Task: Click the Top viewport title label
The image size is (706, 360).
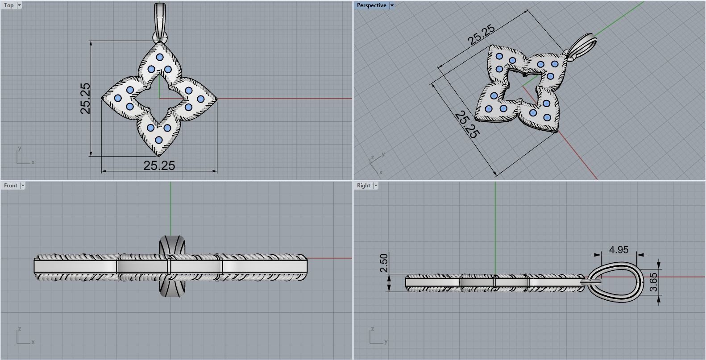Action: [x=8, y=5]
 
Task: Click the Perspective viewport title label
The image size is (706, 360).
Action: [x=371, y=5]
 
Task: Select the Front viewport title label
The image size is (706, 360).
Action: [x=10, y=186]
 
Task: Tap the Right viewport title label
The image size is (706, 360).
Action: [x=363, y=186]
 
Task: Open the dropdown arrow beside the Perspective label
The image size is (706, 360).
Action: [x=392, y=5]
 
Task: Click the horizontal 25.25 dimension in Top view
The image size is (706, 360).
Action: [x=159, y=166]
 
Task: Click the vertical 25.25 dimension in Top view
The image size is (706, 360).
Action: [x=85, y=98]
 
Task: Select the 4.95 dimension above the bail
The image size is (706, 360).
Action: [x=619, y=250]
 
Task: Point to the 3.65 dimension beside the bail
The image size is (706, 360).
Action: [x=653, y=282]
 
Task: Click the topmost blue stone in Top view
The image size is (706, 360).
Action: [x=159, y=57]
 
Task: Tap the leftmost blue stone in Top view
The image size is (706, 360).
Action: [x=118, y=98]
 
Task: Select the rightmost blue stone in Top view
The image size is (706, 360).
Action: [x=200, y=99]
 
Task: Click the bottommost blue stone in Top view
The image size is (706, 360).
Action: [x=159, y=140]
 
